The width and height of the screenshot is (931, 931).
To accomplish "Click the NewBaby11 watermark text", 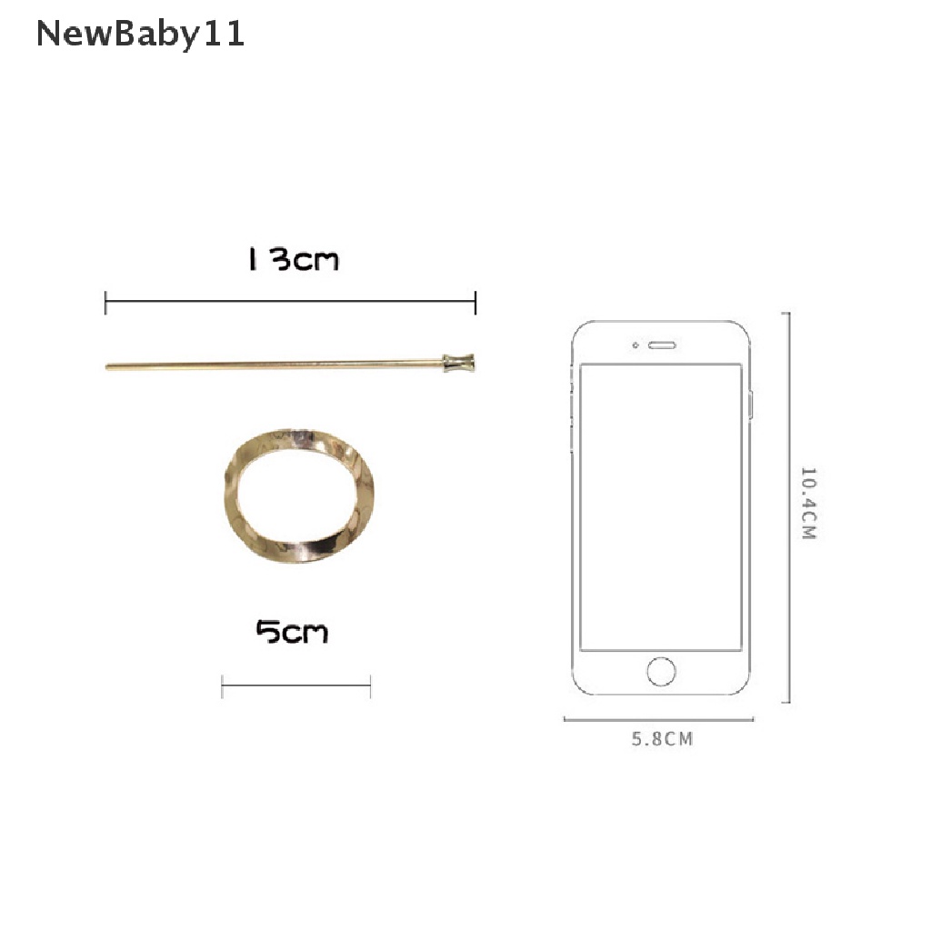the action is pos(140,34).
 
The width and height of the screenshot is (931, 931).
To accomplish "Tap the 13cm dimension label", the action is pos(294,259).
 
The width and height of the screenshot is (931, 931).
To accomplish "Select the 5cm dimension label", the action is pos(292,632).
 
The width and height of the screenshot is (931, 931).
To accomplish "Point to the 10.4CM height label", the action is pos(808,504).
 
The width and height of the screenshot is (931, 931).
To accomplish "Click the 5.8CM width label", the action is pos(662,739).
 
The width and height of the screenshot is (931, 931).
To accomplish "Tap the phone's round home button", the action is pos(661,672).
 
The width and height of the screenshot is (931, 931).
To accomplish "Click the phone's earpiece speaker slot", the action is pos(662,345).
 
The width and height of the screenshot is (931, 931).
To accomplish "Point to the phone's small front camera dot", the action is pos(636,345).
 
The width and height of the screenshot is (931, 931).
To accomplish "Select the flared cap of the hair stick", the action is pos(459,363).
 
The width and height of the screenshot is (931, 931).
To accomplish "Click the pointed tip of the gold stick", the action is pos(107,367).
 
